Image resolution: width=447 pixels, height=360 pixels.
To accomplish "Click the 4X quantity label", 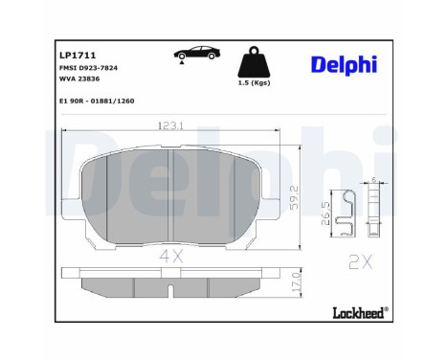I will point(170,255).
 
